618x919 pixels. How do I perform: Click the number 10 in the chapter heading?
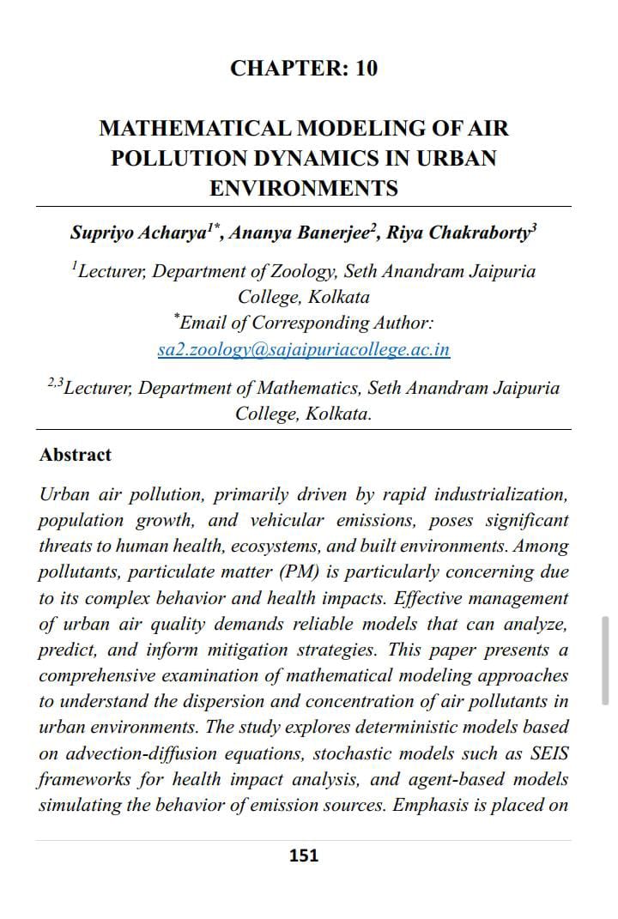point(366,69)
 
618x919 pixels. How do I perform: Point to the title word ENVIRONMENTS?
point(304,189)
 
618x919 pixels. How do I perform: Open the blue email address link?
point(304,349)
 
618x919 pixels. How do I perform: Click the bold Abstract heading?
point(76,455)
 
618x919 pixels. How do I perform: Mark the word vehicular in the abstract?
point(288,521)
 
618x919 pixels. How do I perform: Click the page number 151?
point(304,856)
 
